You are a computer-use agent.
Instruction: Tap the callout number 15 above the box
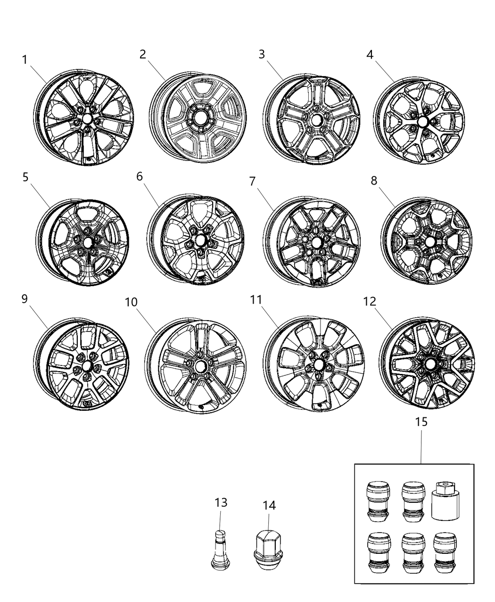(421, 422)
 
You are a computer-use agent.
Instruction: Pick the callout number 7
(252, 181)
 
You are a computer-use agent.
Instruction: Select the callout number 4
(370, 55)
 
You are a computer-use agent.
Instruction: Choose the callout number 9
(25, 299)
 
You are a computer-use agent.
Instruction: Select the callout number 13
(220, 502)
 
